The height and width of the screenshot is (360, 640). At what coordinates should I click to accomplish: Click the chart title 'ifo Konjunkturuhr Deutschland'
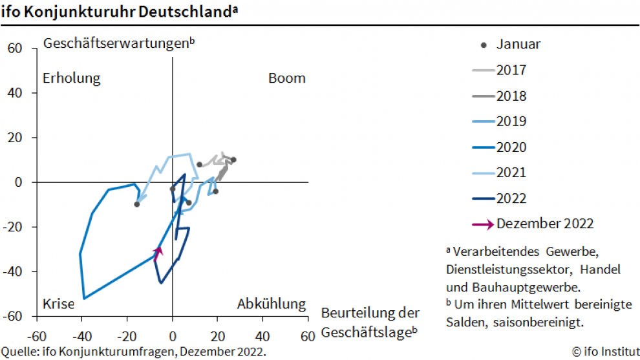pos(117,12)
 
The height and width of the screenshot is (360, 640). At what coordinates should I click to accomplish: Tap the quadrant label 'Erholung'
pos(72,78)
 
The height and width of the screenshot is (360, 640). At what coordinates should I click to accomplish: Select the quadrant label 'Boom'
pos(286,78)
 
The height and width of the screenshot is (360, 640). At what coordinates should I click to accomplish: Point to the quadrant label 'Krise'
pos(58,304)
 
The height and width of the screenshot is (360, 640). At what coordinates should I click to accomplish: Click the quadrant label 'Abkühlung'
pos(271,304)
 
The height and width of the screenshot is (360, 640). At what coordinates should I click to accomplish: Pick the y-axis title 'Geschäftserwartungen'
pos(117,43)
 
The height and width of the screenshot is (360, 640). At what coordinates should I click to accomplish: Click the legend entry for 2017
pos(511,70)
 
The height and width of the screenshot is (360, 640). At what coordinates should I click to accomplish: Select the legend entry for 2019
pos(511,122)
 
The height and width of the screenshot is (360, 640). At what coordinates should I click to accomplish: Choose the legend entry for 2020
pos(511,147)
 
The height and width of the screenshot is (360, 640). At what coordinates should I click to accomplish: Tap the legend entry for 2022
pos(511,198)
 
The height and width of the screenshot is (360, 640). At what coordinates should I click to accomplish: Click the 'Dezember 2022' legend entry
pos(544,224)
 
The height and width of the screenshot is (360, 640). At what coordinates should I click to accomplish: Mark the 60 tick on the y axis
pos(15,48)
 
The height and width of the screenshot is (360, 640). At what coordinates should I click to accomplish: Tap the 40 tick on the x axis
pos(262,337)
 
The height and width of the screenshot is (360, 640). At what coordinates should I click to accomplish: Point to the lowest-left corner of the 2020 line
pos(84,298)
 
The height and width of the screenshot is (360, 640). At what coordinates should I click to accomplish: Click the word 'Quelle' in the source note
pos(19,352)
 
